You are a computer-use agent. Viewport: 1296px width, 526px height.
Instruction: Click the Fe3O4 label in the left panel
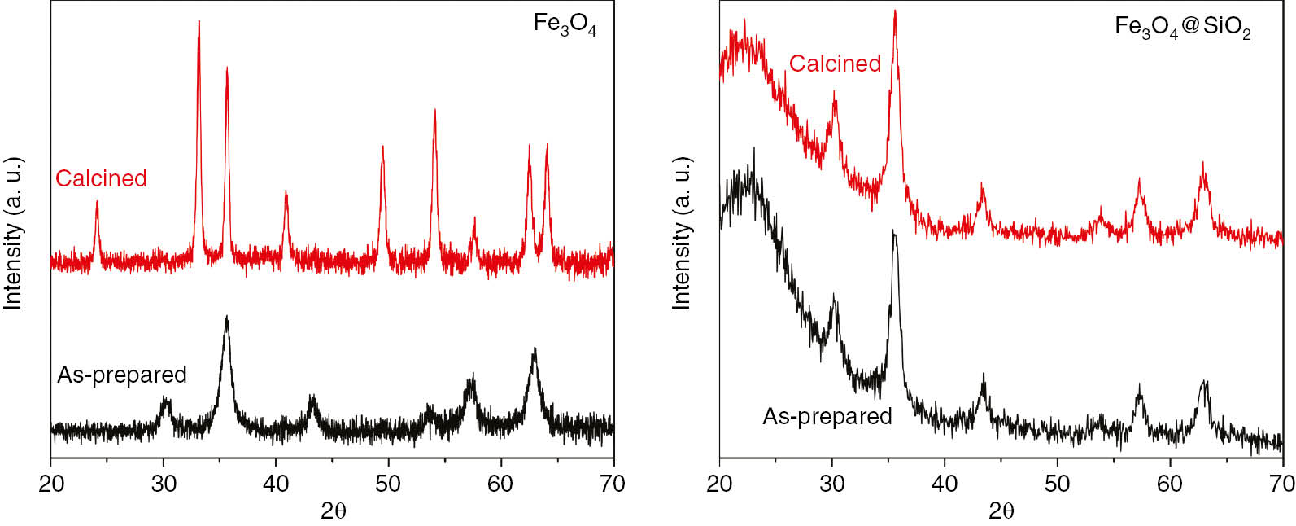coord(565,24)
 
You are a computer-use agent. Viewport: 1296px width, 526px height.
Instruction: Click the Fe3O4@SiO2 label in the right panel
coord(1182,28)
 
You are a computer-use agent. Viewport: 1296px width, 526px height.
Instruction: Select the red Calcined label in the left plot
coord(101,178)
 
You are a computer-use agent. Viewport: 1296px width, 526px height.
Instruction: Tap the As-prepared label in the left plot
coord(122,375)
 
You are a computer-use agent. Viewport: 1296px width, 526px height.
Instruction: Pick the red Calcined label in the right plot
coord(835,64)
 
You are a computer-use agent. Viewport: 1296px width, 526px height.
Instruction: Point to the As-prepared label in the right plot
coord(827,416)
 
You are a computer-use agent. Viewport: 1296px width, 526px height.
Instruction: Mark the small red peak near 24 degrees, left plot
coord(97,204)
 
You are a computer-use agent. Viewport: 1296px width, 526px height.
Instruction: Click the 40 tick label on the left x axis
coord(276,484)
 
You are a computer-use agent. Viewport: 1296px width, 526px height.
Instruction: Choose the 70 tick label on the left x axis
coord(613,484)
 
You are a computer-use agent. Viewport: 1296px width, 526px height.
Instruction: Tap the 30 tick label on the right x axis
coord(832,484)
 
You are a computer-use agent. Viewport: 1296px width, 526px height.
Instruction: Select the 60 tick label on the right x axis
coord(1170,484)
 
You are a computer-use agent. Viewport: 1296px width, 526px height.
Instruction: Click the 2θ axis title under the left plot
coord(333,511)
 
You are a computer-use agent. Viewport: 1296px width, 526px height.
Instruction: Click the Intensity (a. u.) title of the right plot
coord(681,234)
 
